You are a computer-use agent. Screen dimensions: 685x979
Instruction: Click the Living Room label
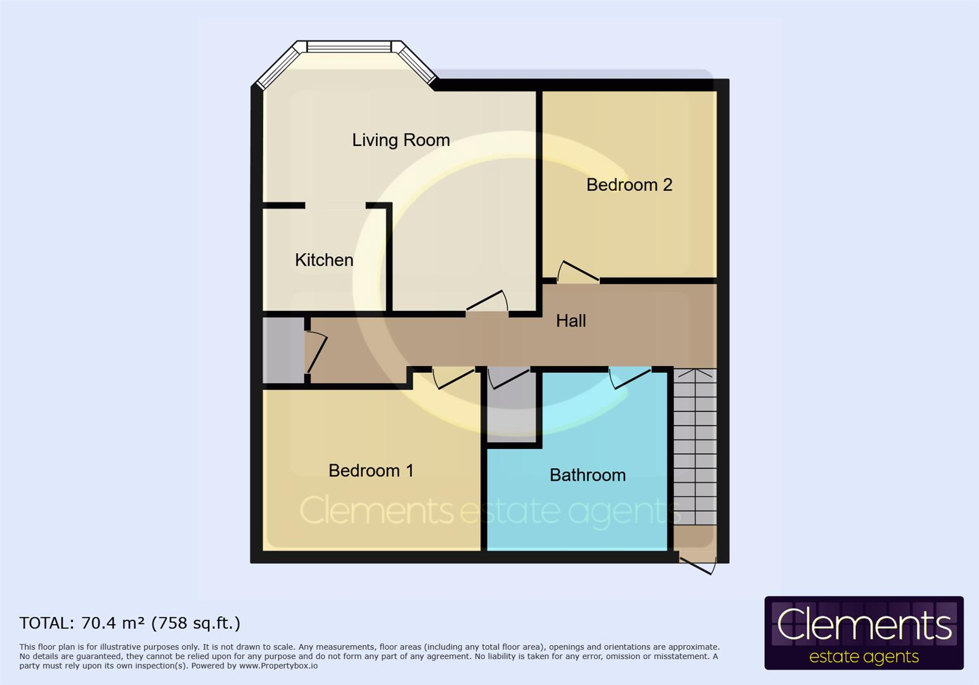(401, 140)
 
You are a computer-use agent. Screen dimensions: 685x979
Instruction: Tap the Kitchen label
(324, 260)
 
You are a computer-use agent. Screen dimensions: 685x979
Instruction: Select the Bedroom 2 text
(629, 185)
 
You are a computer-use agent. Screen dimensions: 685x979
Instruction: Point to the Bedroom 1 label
(371, 471)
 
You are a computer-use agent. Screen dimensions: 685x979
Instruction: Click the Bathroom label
(587, 475)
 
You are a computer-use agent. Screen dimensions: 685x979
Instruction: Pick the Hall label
(571, 321)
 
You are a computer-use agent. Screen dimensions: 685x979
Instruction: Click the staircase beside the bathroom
(695, 447)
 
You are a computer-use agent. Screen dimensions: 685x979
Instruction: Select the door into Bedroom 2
(578, 273)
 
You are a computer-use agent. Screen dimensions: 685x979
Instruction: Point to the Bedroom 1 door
(454, 377)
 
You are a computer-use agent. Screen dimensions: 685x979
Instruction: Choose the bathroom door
(630, 377)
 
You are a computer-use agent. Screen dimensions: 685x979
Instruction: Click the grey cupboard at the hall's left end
(283, 350)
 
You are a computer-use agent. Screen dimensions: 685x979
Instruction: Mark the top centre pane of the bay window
(349, 47)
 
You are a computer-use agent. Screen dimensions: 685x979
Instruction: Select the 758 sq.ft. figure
(196, 623)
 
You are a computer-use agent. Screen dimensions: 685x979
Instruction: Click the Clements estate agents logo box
(864, 633)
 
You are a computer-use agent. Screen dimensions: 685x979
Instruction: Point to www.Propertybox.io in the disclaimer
(278, 666)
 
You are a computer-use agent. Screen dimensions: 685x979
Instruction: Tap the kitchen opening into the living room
(335, 205)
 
